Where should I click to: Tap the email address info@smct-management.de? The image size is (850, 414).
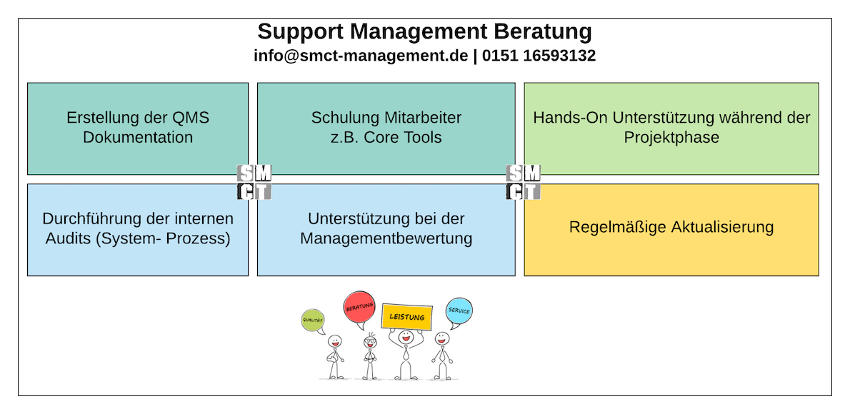(361, 56)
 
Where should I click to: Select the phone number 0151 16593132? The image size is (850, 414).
(539, 56)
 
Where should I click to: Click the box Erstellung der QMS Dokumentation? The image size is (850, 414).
(138, 128)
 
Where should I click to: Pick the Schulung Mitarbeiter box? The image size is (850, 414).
(386, 128)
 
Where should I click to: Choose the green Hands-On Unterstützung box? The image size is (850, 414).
(671, 128)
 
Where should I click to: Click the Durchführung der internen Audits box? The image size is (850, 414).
(138, 230)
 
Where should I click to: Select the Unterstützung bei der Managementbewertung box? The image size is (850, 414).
(386, 230)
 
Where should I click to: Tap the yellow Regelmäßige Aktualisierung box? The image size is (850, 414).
(671, 230)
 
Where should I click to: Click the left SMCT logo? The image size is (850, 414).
(254, 182)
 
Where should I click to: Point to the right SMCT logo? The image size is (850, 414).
(523, 182)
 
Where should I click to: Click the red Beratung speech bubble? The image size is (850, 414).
(359, 307)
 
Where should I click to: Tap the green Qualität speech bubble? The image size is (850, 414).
(313, 320)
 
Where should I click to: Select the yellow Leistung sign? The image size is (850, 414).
(406, 317)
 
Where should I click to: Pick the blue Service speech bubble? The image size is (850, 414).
(459, 311)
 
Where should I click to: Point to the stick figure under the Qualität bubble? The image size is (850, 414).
(334, 357)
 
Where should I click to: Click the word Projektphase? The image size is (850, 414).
(671, 137)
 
